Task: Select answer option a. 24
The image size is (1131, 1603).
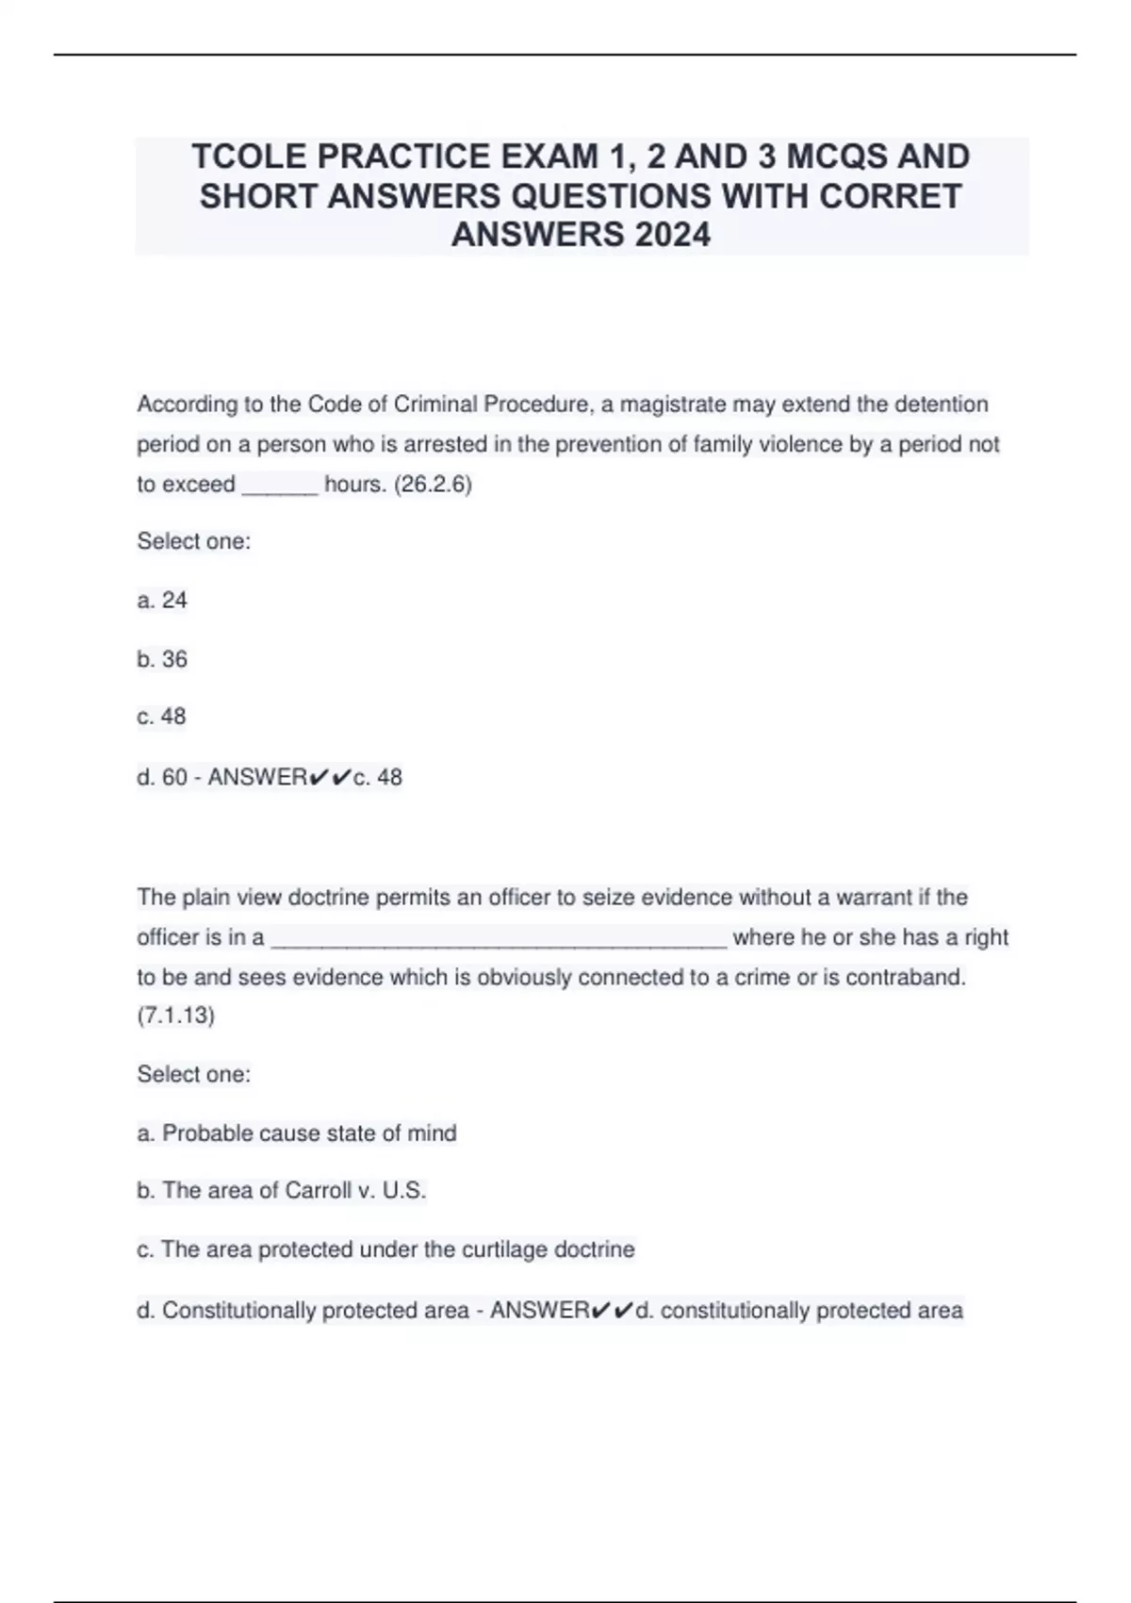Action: (x=162, y=601)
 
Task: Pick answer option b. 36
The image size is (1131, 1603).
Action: (x=162, y=659)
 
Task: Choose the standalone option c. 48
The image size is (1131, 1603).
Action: (x=162, y=717)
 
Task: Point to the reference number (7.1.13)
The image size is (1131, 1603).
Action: (x=176, y=1016)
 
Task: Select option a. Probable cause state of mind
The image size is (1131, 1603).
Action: (x=297, y=1133)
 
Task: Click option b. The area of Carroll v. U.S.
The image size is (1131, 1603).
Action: (x=282, y=1191)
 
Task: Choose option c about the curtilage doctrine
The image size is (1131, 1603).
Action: (x=385, y=1249)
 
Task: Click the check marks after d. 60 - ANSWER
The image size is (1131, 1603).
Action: (x=330, y=777)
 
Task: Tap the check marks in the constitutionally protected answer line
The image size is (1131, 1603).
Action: (x=613, y=1311)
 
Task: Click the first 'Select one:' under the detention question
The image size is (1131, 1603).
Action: (x=194, y=542)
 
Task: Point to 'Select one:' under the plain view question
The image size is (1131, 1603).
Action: (x=194, y=1075)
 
